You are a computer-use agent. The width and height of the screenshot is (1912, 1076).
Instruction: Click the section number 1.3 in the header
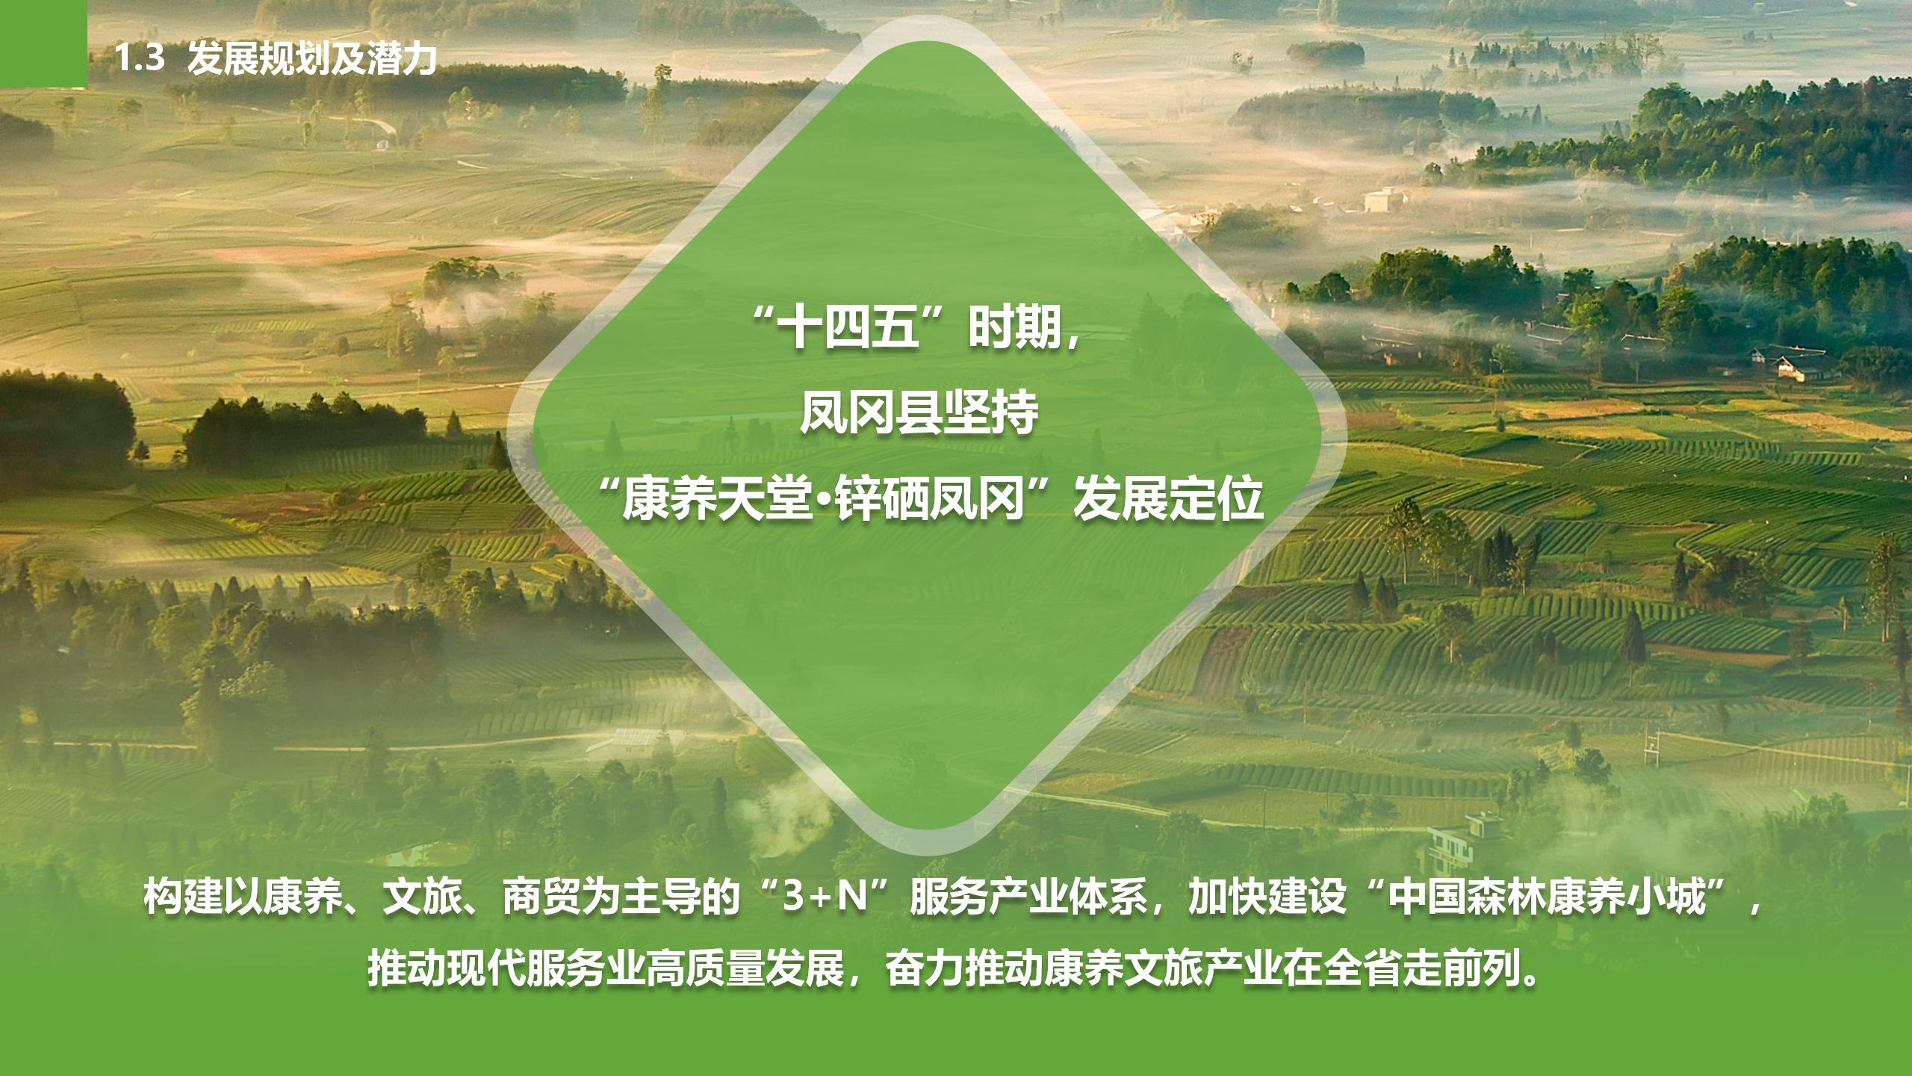point(139,58)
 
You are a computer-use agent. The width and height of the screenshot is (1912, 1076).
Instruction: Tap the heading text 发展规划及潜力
point(312,58)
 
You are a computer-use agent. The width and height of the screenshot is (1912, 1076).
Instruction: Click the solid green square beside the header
point(43,43)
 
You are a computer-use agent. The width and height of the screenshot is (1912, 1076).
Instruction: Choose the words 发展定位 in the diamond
point(1167,499)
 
